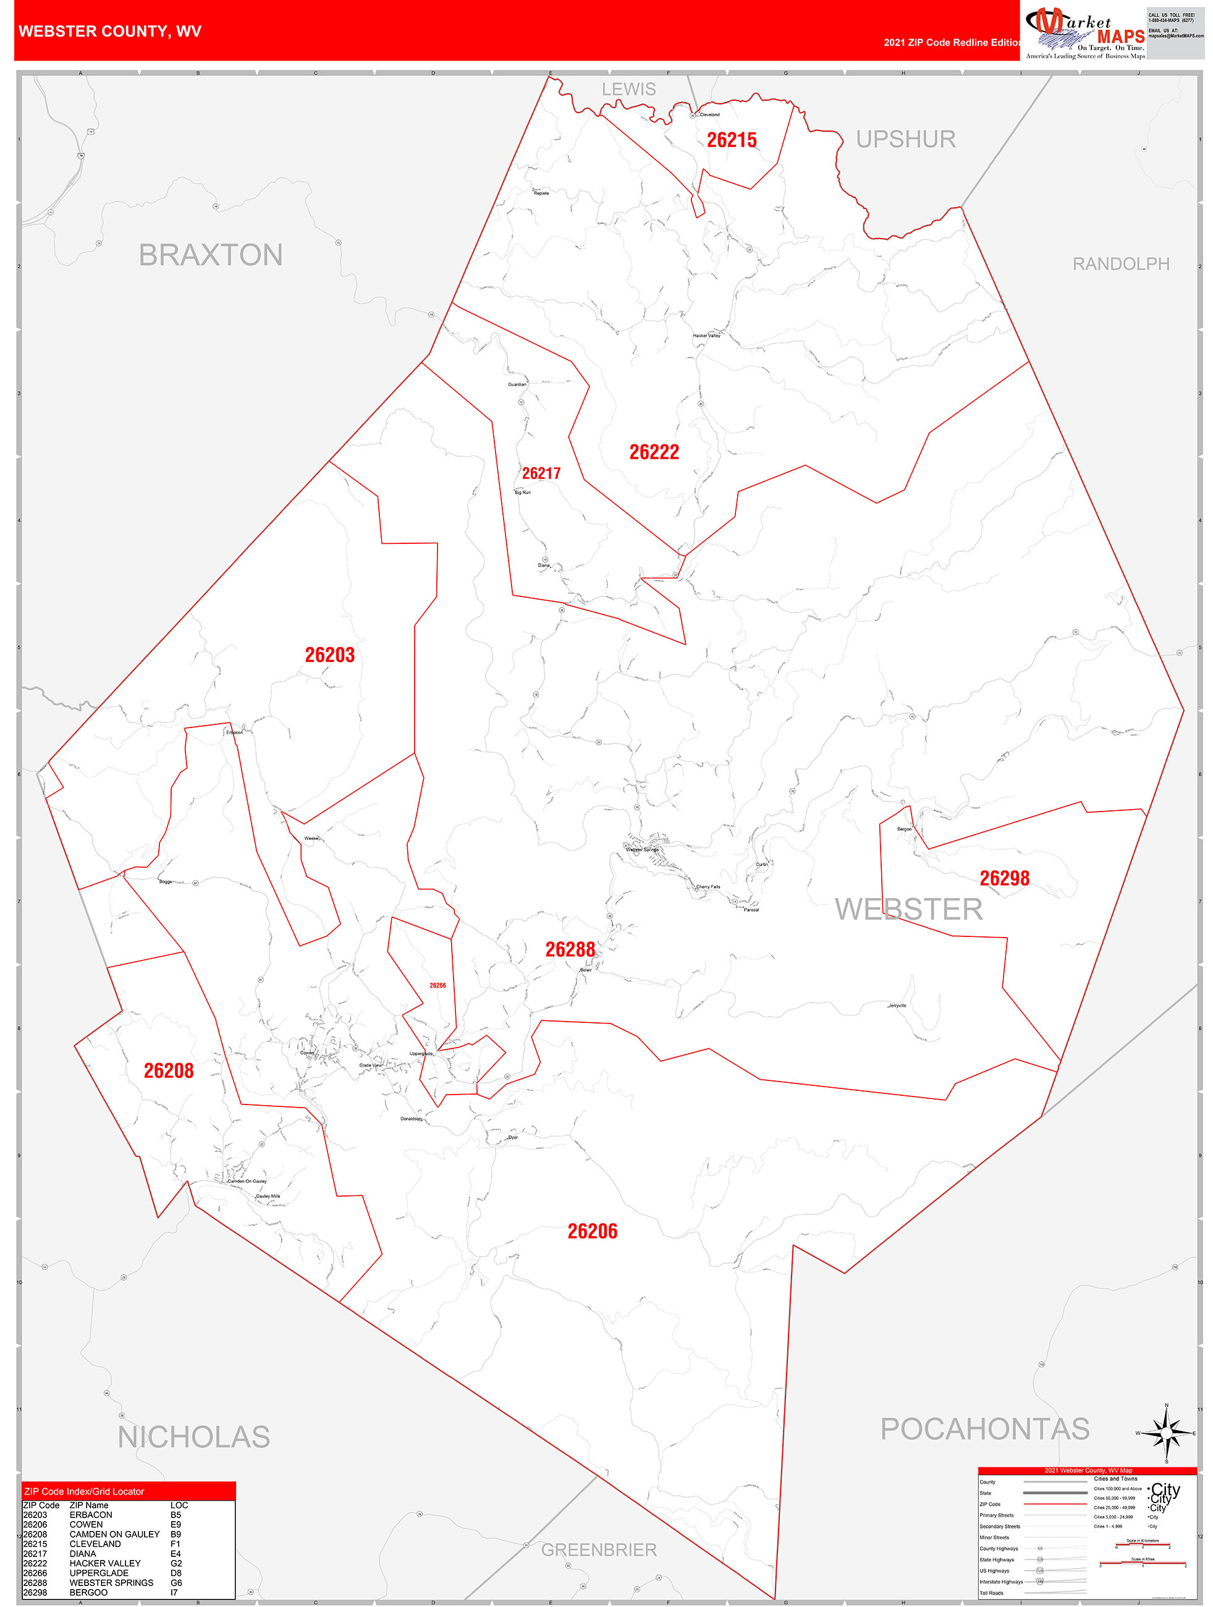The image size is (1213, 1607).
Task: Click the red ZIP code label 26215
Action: pyautogui.click(x=732, y=140)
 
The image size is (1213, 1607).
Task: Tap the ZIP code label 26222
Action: pyautogui.click(x=654, y=452)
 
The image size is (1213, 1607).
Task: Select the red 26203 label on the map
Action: pyautogui.click(x=330, y=655)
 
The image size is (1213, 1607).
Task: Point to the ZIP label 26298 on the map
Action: pyautogui.click(x=1005, y=878)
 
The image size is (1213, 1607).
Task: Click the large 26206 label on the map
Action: pyautogui.click(x=592, y=1231)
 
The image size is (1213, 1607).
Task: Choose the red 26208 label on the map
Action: pyautogui.click(x=169, y=1070)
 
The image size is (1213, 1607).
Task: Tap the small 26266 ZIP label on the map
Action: pyautogui.click(x=437, y=985)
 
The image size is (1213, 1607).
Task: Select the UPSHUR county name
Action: pyautogui.click(x=906, y=139)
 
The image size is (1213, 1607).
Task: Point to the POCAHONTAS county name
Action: pyautogui.click(x=985, y=1428)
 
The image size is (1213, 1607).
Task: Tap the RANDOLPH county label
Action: pyautogui.click(x=1121, y=264)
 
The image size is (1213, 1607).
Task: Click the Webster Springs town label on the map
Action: pyautogui.click(x=643, y=849)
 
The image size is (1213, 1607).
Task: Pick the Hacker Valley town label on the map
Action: pyautogui.click(x=706, y=336)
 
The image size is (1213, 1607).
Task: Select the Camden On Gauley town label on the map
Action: pyautogui.click(x=247, y=1181)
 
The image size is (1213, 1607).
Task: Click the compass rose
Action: pyautogui.click(x=1167, y=1433)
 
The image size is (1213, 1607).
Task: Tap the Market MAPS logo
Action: pyautogui.click(x=1084, y=33)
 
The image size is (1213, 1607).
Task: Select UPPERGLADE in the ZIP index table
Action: pyautogui.click(x=99, y=1573)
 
